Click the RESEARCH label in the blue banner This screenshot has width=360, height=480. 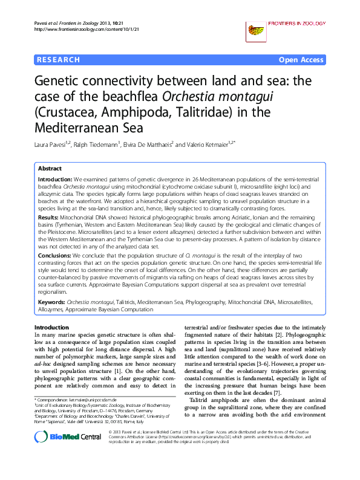[x=59, y=60]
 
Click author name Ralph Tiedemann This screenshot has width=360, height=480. [x=101, y=145]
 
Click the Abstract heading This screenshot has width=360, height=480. [x=50, y=169]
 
